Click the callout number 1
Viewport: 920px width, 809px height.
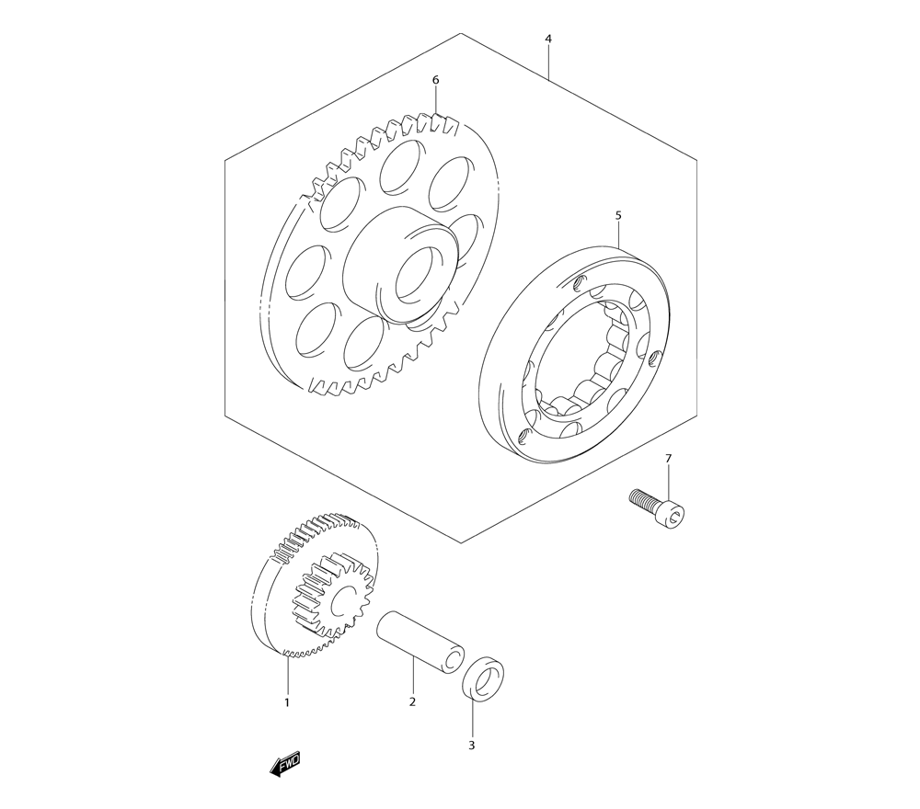click(287, 702)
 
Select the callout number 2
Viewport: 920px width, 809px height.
click(412, 702)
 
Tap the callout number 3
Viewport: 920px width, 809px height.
click(472, 746)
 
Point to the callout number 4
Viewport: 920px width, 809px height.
click(548, 39)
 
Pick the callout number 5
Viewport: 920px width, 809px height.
click(618, 216)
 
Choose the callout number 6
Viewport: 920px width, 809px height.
click(435, 80)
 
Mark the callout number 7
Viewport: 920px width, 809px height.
click(668, 458)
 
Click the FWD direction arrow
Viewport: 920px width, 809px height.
click(286, 765)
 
